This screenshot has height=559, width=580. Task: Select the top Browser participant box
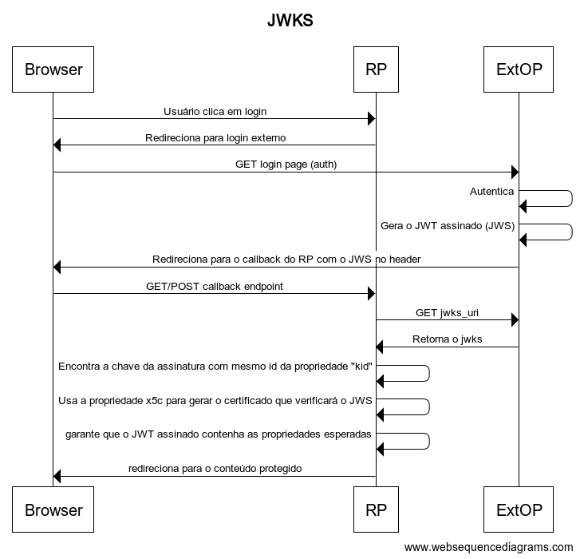click(x=53, y=69)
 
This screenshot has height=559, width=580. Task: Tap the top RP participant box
click(x=376, y=69)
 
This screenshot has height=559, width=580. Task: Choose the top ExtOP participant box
click(x=519, y=69)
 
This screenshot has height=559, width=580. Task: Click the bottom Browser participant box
click(x=53, y=509)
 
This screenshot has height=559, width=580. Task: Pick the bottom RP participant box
click(x=376, y=509)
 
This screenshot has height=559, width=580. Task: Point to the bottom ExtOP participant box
click(x=519, y=509)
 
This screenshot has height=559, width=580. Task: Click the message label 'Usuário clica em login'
click(x=215, y=111)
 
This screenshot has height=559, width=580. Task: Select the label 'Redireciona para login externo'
click(x=215, y=137)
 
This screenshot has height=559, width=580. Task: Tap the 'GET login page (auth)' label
click(x=286, y=165)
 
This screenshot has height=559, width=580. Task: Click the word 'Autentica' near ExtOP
click(x=491, y=192)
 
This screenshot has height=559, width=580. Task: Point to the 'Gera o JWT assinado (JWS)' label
click(x=448, y=225)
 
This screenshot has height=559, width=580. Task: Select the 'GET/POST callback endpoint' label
click(x=215, y=286)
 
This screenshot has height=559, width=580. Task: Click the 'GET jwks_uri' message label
click(x=447, y=313)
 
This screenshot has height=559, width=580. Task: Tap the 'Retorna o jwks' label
click(x=447, y=339)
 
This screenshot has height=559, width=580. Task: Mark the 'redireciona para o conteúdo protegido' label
click(x=215, y=468)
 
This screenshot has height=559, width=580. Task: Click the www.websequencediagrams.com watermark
click(x=489, y=547)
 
